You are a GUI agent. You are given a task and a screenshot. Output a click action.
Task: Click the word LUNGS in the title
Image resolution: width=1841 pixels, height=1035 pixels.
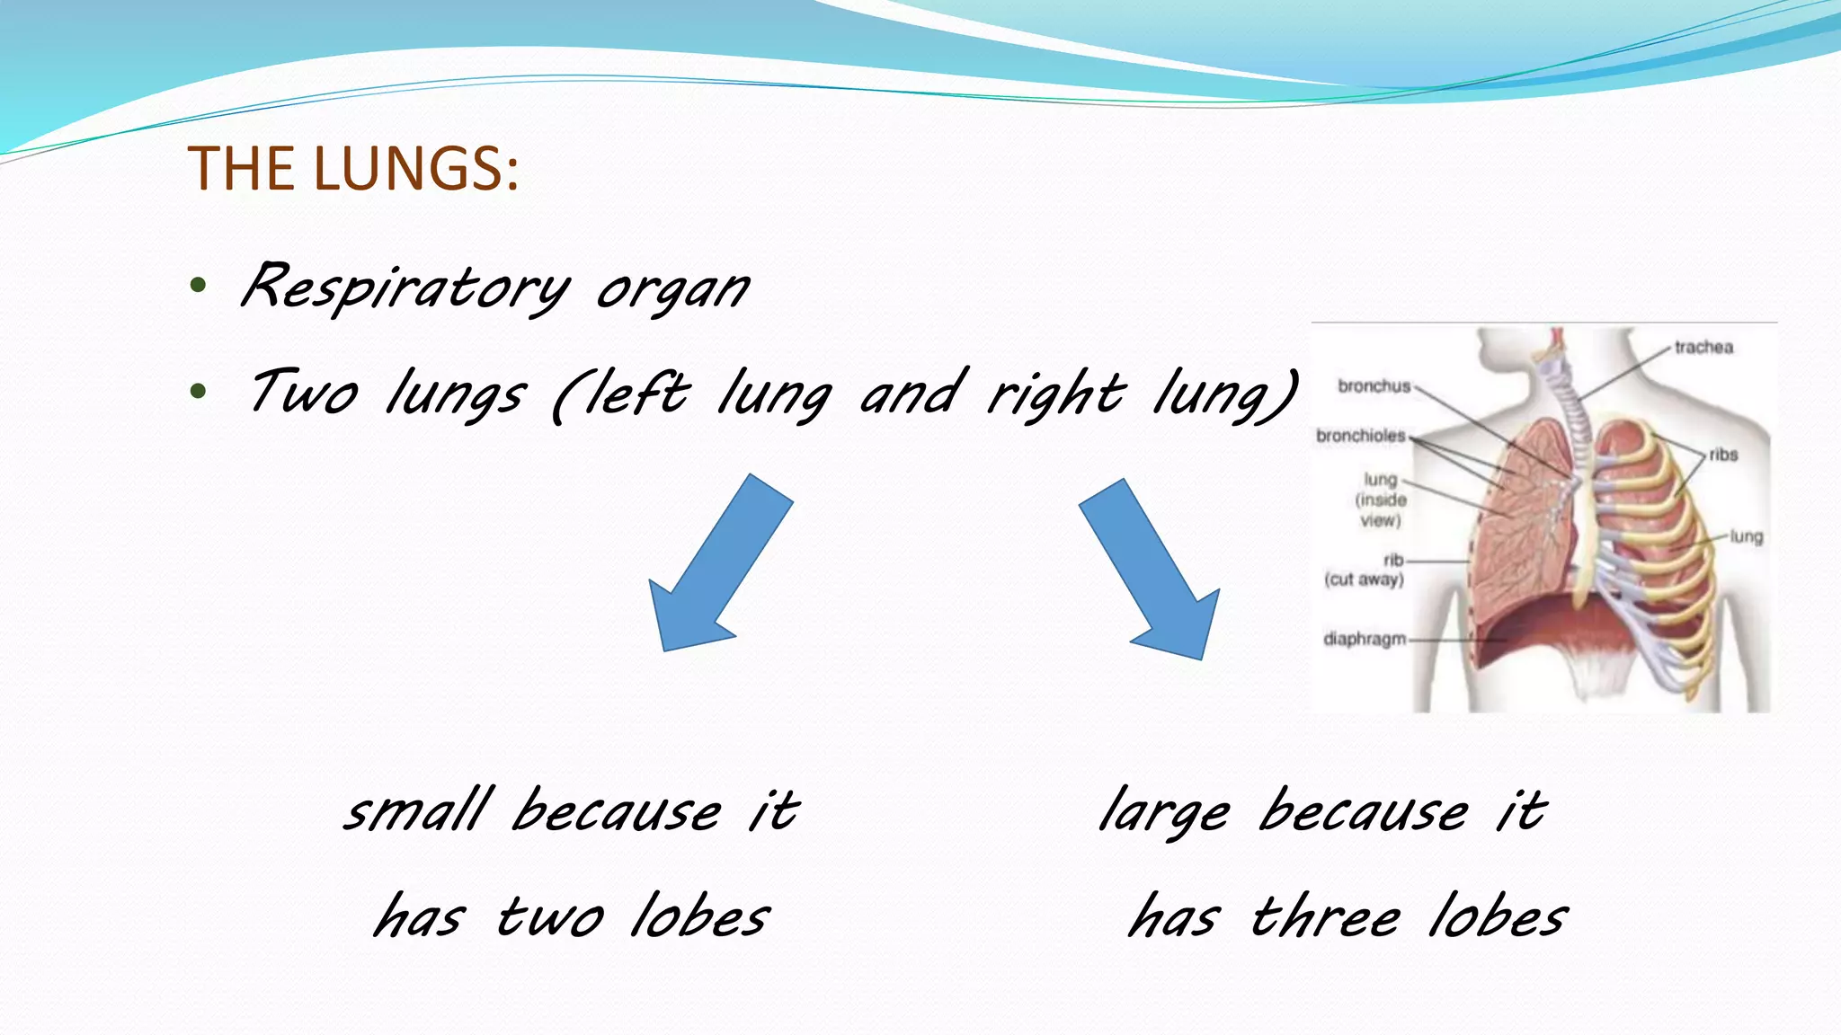[x=416, y=169]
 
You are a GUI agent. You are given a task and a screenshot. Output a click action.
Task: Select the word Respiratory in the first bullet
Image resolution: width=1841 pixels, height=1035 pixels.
[x=405, y=287]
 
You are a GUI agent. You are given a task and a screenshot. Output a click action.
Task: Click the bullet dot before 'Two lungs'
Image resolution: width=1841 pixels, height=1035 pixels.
[x=199, y=392]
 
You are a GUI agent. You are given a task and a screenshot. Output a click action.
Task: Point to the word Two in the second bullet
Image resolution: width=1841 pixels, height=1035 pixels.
[x=304, y=394]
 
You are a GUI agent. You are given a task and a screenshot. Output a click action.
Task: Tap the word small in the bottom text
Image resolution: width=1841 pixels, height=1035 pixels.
[x=419, y=810]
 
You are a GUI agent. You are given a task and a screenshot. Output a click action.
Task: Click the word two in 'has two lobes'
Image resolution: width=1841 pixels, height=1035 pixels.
[x=550, y=918]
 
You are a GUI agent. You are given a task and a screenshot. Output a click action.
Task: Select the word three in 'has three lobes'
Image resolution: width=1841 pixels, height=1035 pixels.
[x=1326, y=918]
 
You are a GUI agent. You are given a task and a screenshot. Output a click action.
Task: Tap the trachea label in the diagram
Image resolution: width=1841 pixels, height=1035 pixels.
[x=1703, y=347]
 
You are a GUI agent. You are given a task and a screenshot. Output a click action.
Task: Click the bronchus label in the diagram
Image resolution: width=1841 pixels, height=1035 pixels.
[x=1374, y=386]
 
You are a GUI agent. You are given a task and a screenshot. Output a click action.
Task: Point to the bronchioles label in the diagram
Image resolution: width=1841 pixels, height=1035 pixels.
[x=1360, y=436]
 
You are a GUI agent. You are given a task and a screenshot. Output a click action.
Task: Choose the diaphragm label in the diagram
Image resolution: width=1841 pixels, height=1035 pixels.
[x=1364, y=639]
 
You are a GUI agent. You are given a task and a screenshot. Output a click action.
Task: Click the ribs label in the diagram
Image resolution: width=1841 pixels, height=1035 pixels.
[x=1723, y=455]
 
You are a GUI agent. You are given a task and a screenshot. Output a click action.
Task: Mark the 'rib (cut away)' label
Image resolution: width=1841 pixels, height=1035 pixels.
[x=1365, y=571]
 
